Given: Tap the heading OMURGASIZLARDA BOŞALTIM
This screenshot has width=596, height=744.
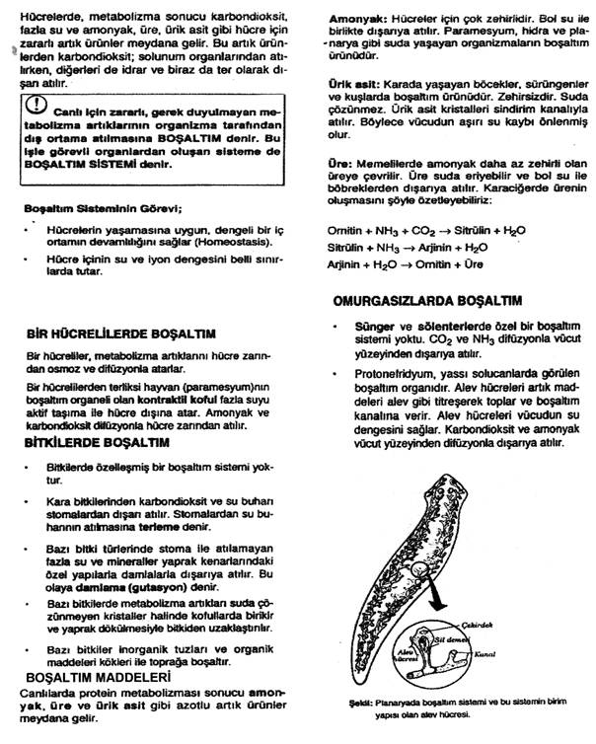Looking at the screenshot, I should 427,300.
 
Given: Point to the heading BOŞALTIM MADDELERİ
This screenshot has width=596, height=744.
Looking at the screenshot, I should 92,679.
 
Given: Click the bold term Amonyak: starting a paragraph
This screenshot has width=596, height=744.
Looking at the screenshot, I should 356,19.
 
